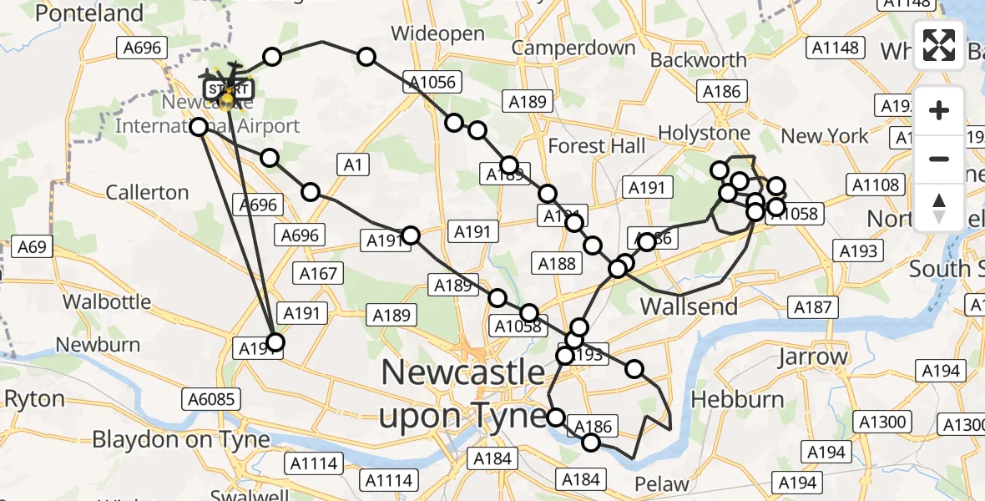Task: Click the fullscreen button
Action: pos(939,45)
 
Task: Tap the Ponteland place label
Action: pos(89,13)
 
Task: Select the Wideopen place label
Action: pos(437,34)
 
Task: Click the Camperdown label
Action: pos(573,48)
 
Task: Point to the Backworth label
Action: pos(698,60)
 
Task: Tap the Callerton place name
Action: pos(147,192)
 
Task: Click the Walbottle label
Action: pos(107,301)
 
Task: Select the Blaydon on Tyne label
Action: pos(181,439)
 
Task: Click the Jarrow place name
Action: pos(811,357)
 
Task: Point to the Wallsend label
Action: pos(689,306)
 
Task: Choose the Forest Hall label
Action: pos(597,146)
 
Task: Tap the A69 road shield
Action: pos(28,247)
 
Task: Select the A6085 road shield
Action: pos(210,399)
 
